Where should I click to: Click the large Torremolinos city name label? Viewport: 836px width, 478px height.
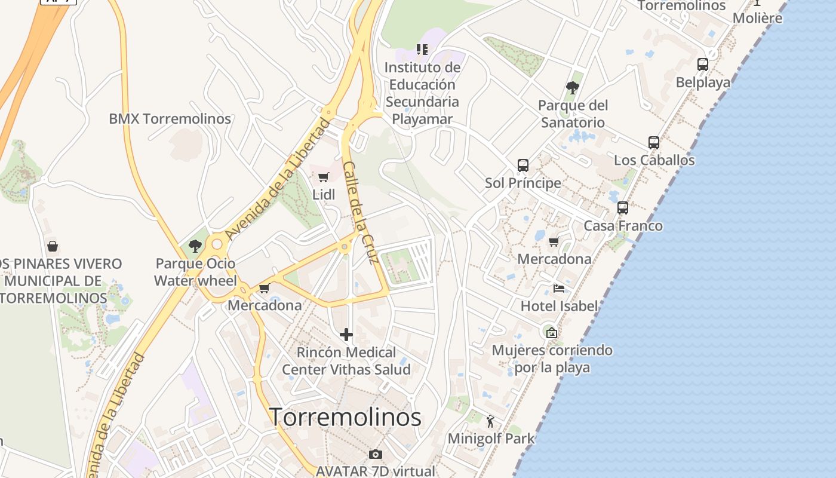pyautogui.click(x=346, y=417)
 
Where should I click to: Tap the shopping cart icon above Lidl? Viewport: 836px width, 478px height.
pyautogui.click(x=323, y=177)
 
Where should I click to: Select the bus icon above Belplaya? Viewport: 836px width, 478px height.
pyautogui.click(x=703, y=64)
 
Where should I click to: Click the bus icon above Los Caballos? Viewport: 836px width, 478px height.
pyautogui.click(x=654, y=143)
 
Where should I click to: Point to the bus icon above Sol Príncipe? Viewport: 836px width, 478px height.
pyautogui.click(x=523, y=166)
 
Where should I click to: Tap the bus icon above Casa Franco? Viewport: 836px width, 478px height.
pyautogui.click(x=623, y=208)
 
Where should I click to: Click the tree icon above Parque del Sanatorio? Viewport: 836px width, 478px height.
pyautogui.click(x=572, y=88)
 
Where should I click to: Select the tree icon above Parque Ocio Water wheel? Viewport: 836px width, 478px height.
pyautogui.click(x=195, y=246)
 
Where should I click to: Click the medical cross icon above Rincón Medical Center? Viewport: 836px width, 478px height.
pyautogui.click(x=346, y=335)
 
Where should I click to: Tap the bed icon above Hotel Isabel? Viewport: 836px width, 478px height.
pyautogui.click(x=559, y=289)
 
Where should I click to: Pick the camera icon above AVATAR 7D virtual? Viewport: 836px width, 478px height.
pyautogui.click(x=375, y=454)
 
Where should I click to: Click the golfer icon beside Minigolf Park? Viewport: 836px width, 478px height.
pyautogui.click(x=490, y=421)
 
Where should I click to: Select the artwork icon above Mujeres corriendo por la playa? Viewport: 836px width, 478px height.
pyautogui.click(x=552, y=332)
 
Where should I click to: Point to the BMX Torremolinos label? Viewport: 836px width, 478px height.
pyautogui.click(x=170, y=118)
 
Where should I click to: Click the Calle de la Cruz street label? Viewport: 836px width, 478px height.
pyautogui.click(x=361, y=213)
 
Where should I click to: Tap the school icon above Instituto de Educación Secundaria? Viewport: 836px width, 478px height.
pyautogui.click(x=422, y=50)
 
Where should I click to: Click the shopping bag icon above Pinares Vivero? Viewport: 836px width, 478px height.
pyautogui.click(x=53, y=246)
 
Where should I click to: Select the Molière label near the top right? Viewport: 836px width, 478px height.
pyautogui.click(x=757, y=18)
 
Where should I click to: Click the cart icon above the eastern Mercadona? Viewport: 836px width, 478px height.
pyautogui.click(x=554, y=242)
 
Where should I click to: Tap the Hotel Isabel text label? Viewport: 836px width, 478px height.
pyautogui.click(x=559, y=306)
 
